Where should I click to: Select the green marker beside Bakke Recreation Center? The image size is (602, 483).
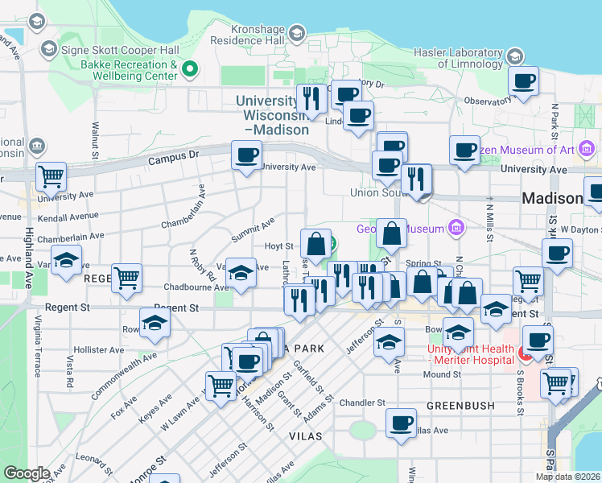pyautogui.click(x=190, y=70)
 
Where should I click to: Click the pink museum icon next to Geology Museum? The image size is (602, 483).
pyautogui.click(x=457, y=228)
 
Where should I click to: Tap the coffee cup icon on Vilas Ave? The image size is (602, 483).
pyautogui.click(x=400, y=422)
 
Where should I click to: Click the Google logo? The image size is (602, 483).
pyautogui.click(x=27, y=474)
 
